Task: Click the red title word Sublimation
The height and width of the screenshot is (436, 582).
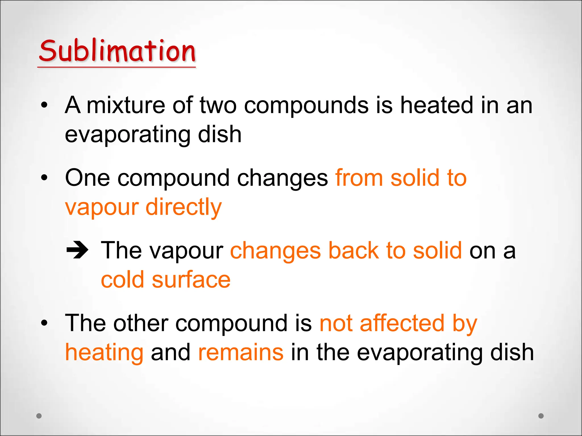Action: pyautogui.click(x=117, y=51)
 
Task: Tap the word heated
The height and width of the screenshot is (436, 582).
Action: pyautogui.click(x=437, y=105)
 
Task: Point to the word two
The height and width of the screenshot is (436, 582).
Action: pyautogui.click(x=218, y=105)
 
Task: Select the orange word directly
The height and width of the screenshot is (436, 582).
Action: pyautogui.click(x=184, y=207)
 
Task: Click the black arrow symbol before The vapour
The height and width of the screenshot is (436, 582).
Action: pyautogui.click(x=77, y=250)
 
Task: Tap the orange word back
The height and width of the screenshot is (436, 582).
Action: pyautogui.click(x=354, y=251)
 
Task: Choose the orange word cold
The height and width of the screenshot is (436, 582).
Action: pyautogui.click(x=123, y=280)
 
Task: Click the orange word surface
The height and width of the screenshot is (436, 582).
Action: pyautogui.click(x=191, y=280)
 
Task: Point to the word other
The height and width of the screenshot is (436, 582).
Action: pyautogui.click(x=141, y=323)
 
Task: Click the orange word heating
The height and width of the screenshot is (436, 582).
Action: pyautogui.click(x=104, y=353)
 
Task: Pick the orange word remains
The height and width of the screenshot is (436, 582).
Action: pyautogui.click(x=241, y=352)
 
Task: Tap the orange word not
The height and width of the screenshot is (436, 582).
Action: pyautogui.click(x=336, y=323)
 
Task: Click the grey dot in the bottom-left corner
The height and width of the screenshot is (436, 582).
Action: pyautogui.click(x=39, y=416)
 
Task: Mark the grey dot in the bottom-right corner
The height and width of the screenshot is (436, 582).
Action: pyautogui.click(x=541, y=416)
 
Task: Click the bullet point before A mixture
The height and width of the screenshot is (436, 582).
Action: pyautogui.click(x=44, y=105)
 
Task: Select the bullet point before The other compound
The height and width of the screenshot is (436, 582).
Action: pyautogui.click(x=44, y=323)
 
